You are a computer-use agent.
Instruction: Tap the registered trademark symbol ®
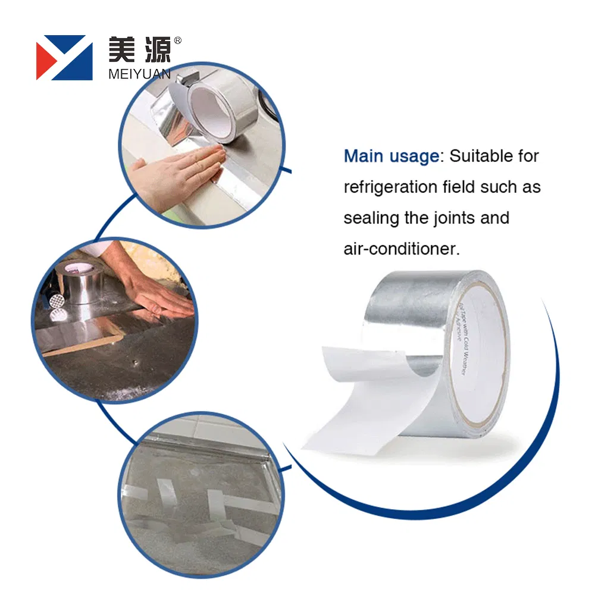(x=177, y=41)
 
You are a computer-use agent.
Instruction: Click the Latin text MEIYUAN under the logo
(x=140, y=74)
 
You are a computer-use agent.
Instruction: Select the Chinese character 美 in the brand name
(x=123, y=50)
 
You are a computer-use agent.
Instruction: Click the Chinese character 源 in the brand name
(x=156, y=50)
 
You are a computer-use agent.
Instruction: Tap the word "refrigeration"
(x=391, y=187)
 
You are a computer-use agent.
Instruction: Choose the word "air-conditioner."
(x=402, y=249)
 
